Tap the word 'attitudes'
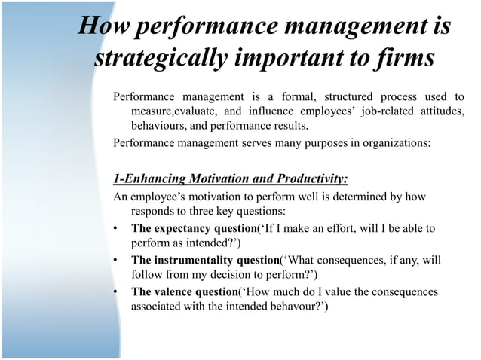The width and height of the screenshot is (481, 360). [x=438, y=111]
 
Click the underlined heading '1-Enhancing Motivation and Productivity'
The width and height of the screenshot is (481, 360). [x=230, y=178]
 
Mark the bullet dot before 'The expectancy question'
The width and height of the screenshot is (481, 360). [x=115, y=228]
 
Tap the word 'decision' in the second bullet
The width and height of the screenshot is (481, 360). [x=219, y=276]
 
